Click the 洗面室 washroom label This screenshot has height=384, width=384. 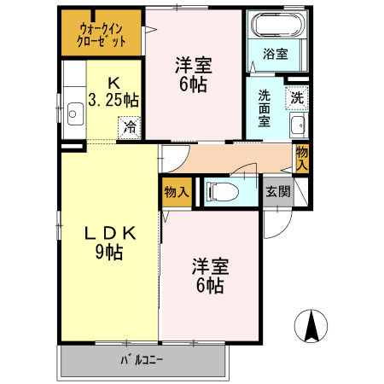[265, 108]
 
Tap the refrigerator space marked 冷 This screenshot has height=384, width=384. [131, 128]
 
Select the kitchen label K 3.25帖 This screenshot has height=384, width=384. [113, 91]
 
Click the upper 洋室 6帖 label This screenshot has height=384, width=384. [194, 73]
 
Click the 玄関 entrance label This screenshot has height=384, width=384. [276, 192]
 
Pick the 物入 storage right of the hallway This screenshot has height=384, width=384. [302, 157]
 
